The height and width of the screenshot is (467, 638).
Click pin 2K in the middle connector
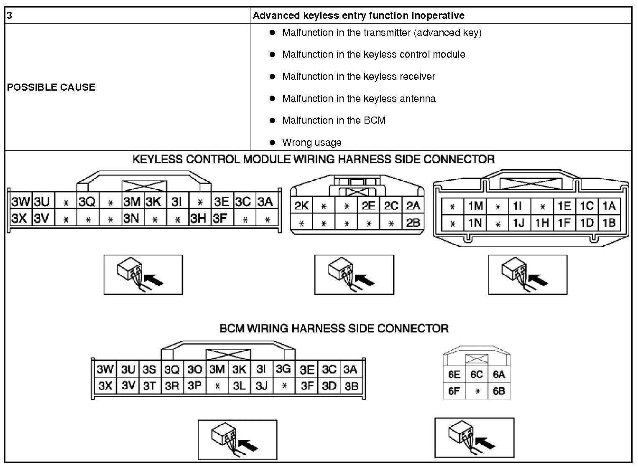point(301,206)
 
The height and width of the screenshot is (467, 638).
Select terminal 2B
point(413,223)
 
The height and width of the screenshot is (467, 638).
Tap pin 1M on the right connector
point(475,206)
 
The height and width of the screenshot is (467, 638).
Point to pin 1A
point(609,206)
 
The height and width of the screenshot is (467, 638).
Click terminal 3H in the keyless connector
point(198,218)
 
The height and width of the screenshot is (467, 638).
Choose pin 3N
point(132,218)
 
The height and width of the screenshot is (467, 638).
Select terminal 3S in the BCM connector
point(149,370)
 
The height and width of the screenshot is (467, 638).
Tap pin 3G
point(283,369)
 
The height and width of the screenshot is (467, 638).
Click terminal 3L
point(239,386)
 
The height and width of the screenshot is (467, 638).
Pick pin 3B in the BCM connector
point(351,386)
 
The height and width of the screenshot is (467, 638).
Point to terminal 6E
point(454,374)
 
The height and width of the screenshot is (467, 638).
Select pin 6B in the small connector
point(499,391)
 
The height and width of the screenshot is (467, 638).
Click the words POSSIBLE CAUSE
point(51,87)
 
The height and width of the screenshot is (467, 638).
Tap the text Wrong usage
point(311,142)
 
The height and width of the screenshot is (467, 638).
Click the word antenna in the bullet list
point(418,99)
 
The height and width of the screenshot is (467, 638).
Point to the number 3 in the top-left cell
point(10,15)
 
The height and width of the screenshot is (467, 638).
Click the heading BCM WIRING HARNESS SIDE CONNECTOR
point(334,328)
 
